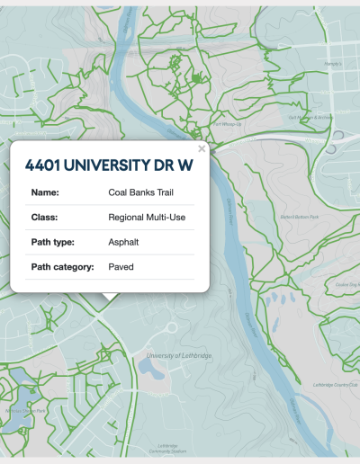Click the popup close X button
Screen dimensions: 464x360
pos(202,148)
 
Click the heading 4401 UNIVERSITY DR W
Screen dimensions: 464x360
pos(110,165)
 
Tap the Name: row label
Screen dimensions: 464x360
pos(45,192)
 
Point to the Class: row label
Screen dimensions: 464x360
pos(45,217)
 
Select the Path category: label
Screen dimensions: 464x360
pos(63,267)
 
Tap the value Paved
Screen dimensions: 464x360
pos(121,267)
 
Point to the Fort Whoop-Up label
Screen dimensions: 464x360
pos(226,124)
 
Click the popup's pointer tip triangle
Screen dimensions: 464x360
pos(109,297)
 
